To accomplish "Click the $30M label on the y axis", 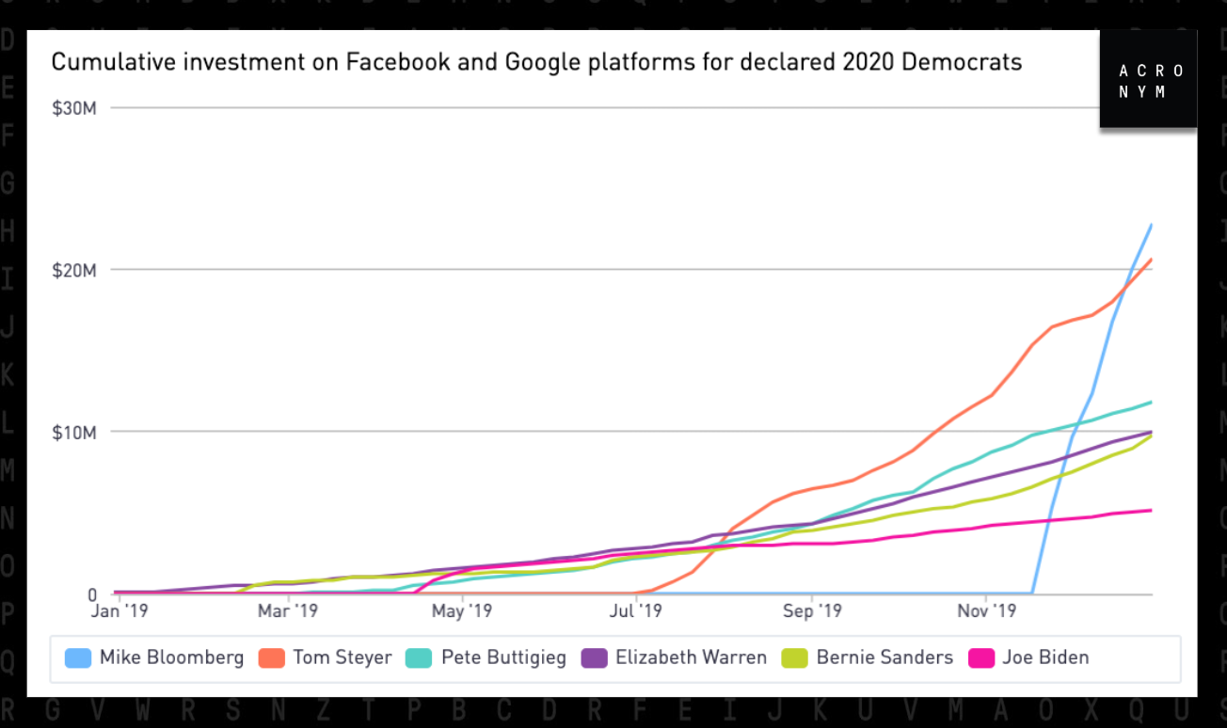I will coord(74,107).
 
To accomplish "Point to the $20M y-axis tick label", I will coord(74,270).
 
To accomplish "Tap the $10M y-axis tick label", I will coord(74,432).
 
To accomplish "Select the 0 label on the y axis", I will coord(92,594).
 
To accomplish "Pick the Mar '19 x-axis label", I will coord(288,611).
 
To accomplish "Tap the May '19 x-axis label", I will coord(462,611).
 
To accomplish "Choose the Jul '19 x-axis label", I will coord(636,611).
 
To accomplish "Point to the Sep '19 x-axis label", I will coord(812,611).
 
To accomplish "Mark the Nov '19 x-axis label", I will coord(985,611).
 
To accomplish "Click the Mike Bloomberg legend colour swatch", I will coord(78,657).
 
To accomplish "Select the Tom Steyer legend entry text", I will coord(343,657).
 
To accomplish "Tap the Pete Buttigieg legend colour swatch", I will coord(418,657).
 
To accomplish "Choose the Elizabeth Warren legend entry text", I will coord(691,657).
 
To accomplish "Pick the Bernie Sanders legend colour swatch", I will coord(794,657).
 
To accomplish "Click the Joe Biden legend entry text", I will coord(1046,657).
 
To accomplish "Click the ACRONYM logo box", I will coord(1149,80).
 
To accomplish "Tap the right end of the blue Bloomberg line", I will coord(1151,225).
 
